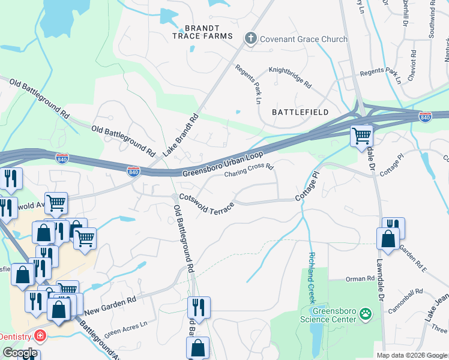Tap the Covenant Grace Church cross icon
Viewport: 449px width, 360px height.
coord(250,39)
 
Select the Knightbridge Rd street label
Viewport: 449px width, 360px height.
coord(290,78)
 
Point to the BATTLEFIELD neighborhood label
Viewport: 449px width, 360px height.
coord(300,112)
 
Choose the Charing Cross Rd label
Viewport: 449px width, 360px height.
coord(249,172)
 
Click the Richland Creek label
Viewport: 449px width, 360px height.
coord(312,269)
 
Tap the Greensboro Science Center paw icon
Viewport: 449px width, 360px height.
coord(366,313)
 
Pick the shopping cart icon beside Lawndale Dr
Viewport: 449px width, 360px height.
coord(361,136)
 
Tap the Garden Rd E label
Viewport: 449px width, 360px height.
coord(412,259)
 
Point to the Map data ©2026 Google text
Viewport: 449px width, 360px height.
coord(411,355)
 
